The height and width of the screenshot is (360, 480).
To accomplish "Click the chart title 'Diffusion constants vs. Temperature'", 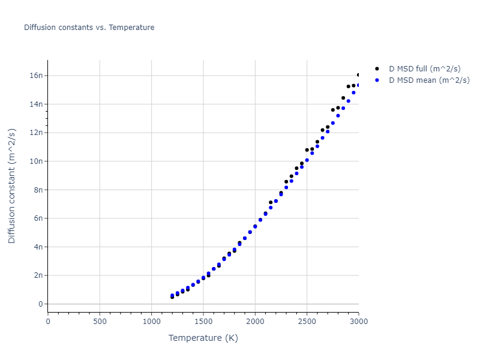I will coord(89,28).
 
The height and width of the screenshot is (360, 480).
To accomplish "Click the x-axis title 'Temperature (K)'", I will coord(203,338).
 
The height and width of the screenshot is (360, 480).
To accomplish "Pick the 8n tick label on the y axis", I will coord(38,190).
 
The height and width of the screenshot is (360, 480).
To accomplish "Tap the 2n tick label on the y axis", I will coord(38,275).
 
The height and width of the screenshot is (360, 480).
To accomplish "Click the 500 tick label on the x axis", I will coord(100,322).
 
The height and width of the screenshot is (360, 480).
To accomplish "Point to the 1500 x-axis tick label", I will coord(203,322).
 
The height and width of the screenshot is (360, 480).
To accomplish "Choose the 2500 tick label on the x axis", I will coord(307,322).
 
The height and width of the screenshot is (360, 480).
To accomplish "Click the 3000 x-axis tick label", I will coord(358,322).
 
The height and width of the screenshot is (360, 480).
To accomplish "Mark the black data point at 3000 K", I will coord(359,75).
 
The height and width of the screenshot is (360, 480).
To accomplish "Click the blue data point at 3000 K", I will coord(359,85).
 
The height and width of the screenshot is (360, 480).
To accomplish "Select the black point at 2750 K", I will coord(333,110).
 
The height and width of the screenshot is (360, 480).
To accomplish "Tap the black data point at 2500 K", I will coord(307,150).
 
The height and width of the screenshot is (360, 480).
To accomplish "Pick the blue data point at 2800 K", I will coord(338,115).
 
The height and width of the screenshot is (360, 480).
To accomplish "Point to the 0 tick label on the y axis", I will coord(41,304).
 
